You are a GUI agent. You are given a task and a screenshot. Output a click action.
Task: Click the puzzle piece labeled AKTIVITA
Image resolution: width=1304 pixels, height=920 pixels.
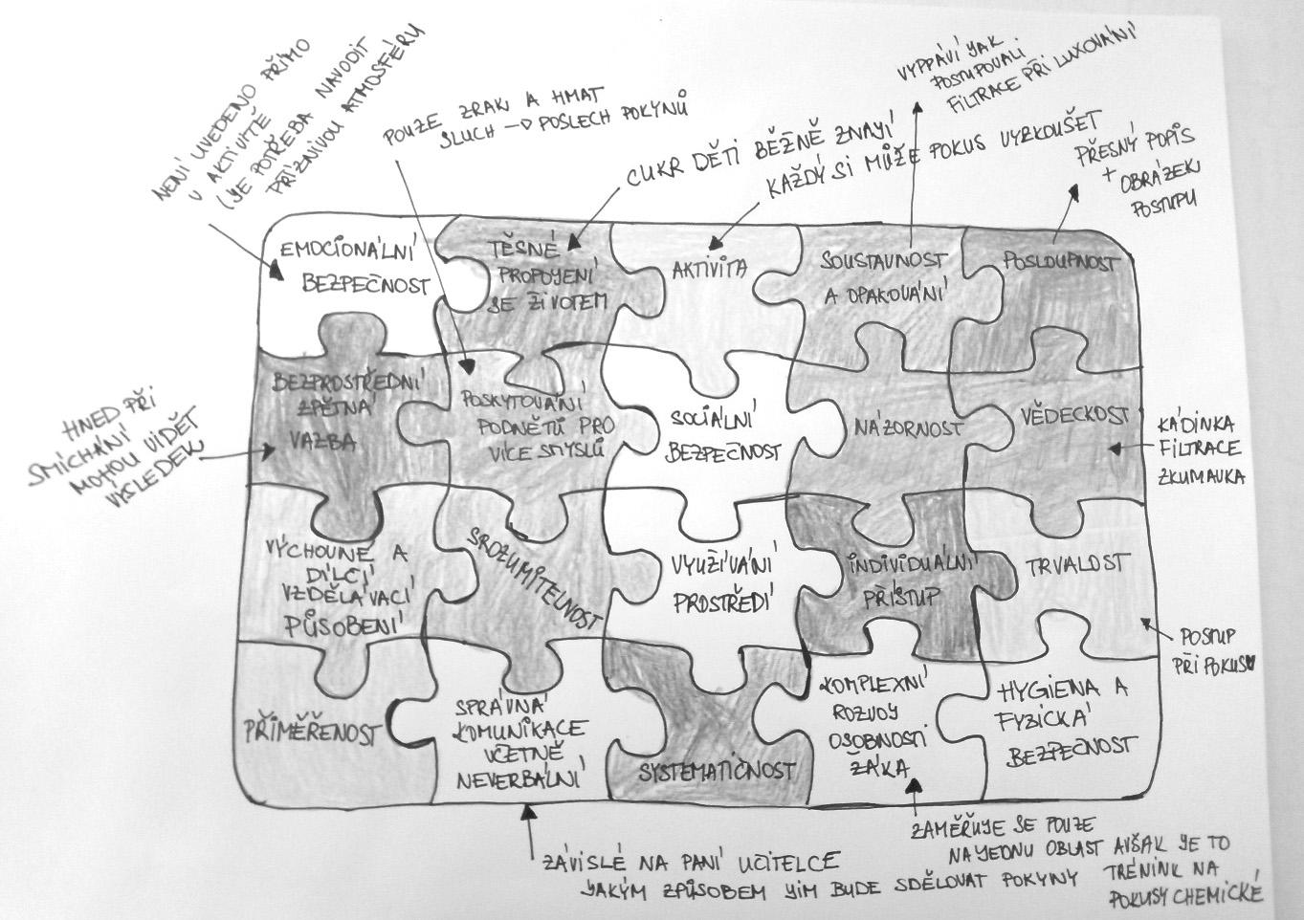point(708,271)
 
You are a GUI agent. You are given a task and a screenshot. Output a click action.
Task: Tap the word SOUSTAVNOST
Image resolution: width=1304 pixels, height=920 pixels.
point(884,260)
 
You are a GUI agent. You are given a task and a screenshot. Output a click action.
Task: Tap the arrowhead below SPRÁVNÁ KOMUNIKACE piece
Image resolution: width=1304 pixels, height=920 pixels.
point(528,812)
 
